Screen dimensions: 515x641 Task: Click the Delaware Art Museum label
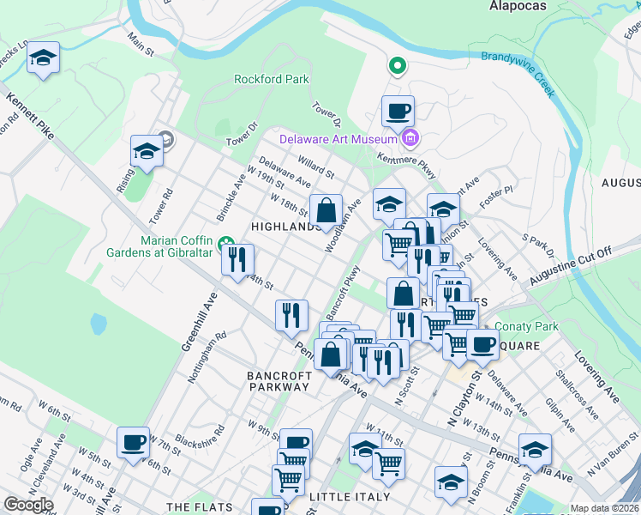coord(339,139)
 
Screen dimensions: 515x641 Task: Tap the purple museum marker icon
coord(410,138)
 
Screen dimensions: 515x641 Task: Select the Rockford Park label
coord(271,80)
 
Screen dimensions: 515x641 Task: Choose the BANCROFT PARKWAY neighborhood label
coord(277,381)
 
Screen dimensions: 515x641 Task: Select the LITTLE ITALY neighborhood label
coord(349,497)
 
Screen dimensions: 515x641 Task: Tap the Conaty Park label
coord(527,327)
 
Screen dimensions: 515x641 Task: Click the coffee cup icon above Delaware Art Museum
coord(398,112)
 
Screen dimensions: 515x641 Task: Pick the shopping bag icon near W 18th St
coord(326,209)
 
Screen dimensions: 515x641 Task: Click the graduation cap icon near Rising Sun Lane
coord(147,152)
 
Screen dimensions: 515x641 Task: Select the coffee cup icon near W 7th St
coord(133,443)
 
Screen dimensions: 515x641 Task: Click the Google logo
coord(28,506)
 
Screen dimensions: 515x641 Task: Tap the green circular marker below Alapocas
coord(398,65)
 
